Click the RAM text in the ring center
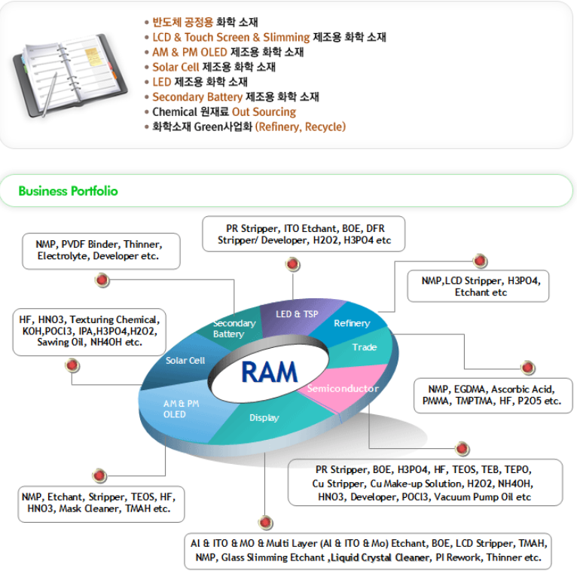coord(269,371)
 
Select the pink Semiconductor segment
coord(343,389)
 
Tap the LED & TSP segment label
coord(297,313)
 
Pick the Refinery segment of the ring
coord(352,323)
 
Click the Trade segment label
coord(365,347)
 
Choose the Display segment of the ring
coord(264,417)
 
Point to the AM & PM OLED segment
coord(181,409)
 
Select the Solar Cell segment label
coord(185,360)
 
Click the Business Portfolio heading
coord(68,191)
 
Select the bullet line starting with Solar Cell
coord(214,67)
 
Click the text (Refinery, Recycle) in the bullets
coord(301,127)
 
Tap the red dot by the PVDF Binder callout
coord(102,281)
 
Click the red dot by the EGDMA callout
coord(528,368)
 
